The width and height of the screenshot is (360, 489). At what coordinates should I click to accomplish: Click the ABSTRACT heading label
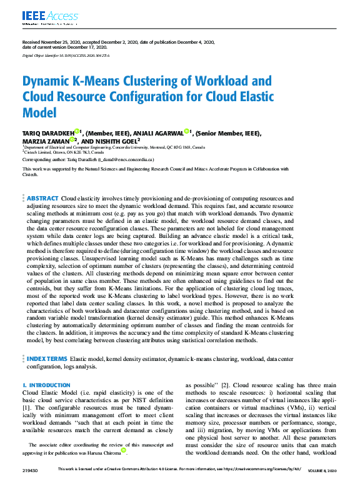43,198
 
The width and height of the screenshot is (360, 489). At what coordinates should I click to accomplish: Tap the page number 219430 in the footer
31,469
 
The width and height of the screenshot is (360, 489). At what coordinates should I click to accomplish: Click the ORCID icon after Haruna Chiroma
123,450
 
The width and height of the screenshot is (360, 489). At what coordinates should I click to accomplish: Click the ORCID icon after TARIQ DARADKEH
76,131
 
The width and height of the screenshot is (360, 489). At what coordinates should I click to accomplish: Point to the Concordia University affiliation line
113,147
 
